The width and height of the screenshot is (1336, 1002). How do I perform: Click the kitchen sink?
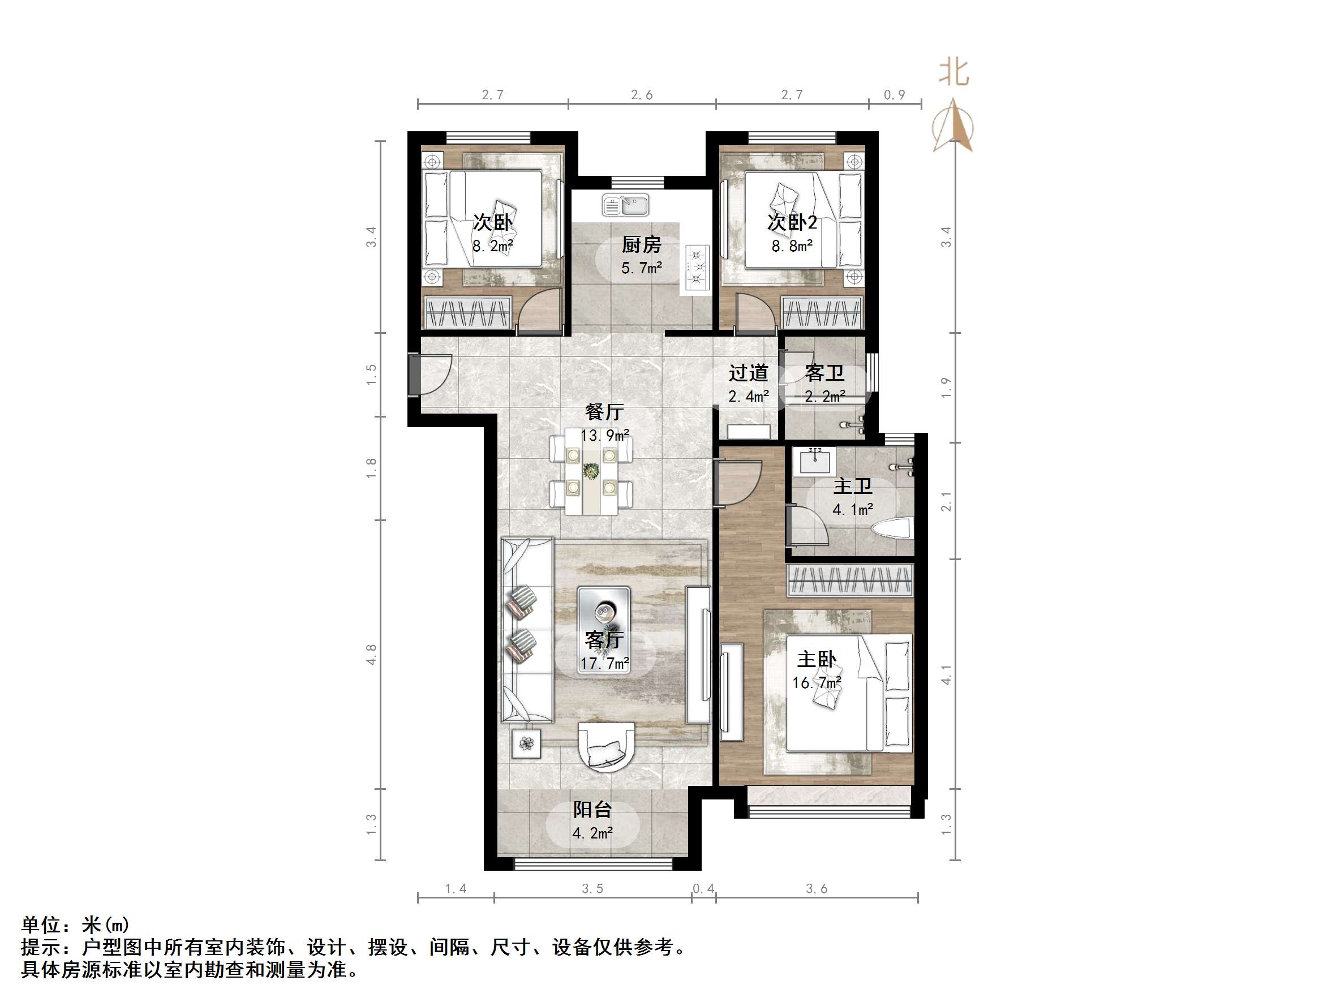click(x=625, y=205)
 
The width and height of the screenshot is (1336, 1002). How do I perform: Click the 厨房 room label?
click(x=642, y=244)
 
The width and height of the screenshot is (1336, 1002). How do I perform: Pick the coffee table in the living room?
click(x=604, y=629)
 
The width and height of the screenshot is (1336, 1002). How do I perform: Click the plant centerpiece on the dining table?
click(x=591, y=471)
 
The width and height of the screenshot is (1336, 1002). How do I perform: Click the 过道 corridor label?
click(x=748, y=373)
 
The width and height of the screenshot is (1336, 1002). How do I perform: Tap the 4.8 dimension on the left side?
click(x=371, y=655)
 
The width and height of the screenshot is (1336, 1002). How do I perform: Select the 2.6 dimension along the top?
click(x=642, y=95)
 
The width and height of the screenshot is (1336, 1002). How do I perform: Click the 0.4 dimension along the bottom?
click(x=703, y=888)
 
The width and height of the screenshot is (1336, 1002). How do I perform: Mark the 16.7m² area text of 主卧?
click(x=817, y=683)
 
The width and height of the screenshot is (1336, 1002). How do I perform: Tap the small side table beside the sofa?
click(x=526, y=743)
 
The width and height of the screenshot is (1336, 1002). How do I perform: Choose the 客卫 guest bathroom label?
click(x=824, y=373)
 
